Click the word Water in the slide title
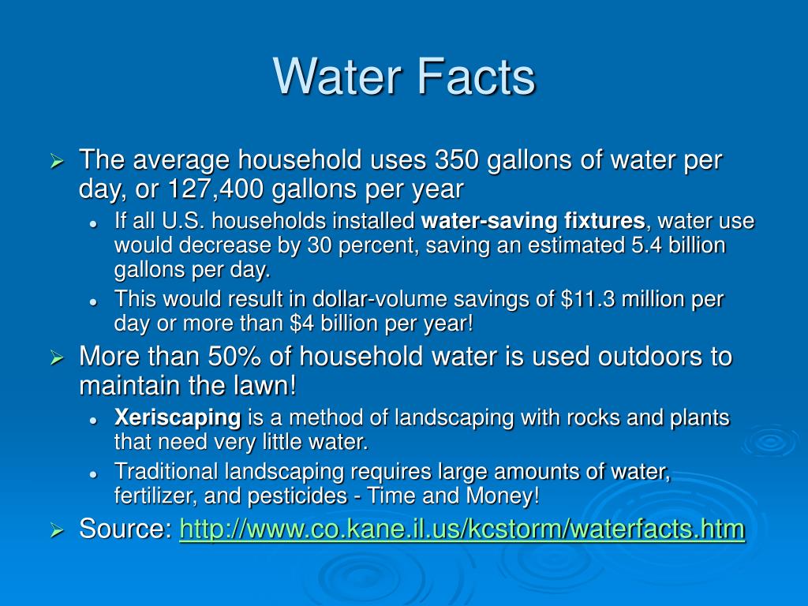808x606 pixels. pos(337,77)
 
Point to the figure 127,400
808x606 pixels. pos(215,189)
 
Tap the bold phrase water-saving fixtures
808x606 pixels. pos(533,221)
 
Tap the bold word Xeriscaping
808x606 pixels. pos(178,418)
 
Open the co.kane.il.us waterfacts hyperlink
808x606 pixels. pos(462,529)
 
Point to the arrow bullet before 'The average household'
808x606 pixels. pos(57,162)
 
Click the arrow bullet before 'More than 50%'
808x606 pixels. pos(57,357)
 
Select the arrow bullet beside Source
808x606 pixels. pos(57,530)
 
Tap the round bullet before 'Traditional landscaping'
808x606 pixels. pos(93,474)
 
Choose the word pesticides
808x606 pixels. pos(297,496)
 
